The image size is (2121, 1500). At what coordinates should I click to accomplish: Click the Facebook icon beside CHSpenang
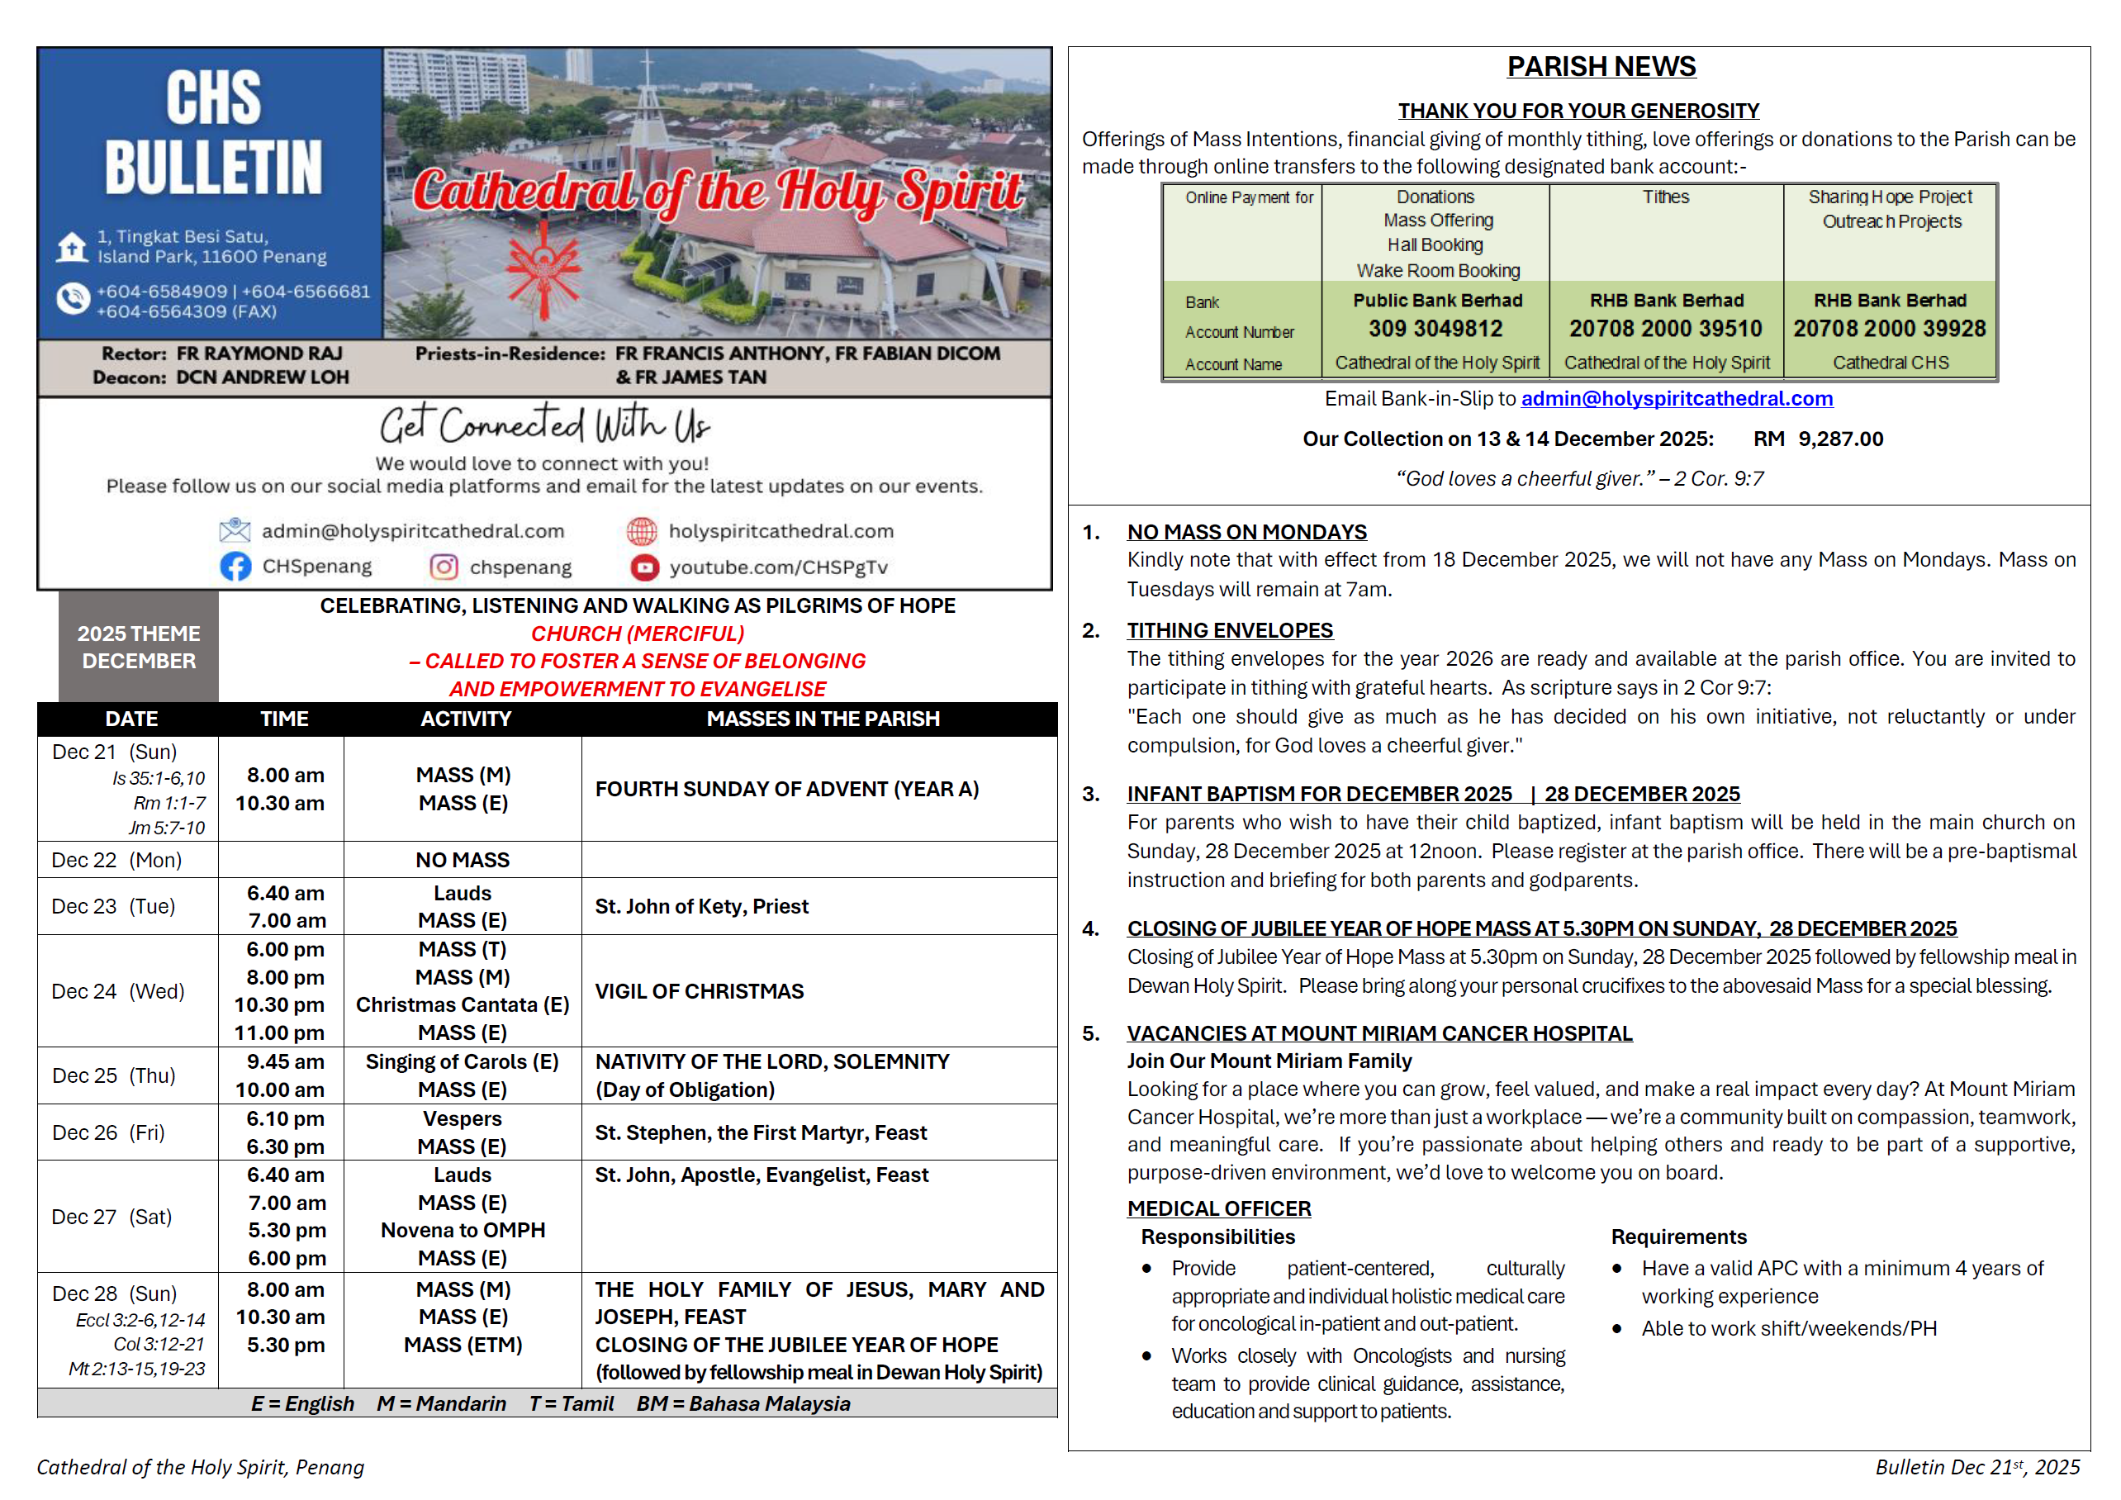(235, 566)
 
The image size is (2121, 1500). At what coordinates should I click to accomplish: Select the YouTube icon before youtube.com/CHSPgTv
(644, 567)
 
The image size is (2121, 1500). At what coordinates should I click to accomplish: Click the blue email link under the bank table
(1676, 398)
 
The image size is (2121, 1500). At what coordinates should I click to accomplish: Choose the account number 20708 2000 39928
(1889, 329)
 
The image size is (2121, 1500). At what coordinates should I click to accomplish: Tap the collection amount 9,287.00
(1840, 439)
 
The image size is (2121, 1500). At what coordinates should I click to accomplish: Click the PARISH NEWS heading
(1601, 67)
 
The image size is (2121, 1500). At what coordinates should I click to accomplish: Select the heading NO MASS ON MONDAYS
(1246, 532)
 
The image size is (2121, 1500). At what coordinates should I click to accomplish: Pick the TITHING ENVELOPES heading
(1230, 630)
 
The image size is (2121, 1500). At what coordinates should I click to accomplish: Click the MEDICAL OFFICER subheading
(1218, 1208)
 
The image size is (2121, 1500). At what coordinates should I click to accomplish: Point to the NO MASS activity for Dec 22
(462, 860)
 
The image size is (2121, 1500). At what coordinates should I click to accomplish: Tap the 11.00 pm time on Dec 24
(279, 1032)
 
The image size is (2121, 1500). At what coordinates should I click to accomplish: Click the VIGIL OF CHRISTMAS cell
(700, 991)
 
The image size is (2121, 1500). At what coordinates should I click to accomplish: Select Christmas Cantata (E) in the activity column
(462, 1005)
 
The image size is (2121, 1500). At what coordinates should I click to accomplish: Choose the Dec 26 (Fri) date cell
(108, 1132)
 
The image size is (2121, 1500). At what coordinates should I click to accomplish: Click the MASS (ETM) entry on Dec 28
(462, 1345)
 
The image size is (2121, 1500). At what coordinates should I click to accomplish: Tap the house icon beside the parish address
(71, 247)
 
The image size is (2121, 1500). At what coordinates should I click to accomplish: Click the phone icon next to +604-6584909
(72, 298)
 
